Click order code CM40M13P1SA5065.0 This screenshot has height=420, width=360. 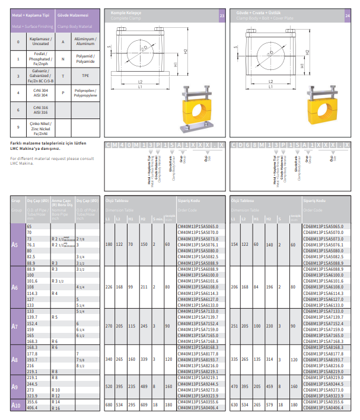point(198,226)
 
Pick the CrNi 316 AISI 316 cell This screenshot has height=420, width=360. point(41,110)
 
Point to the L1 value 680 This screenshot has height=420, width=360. point(109,404)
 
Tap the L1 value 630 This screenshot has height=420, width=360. point(234,404)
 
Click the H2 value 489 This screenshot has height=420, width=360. point(144,386)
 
